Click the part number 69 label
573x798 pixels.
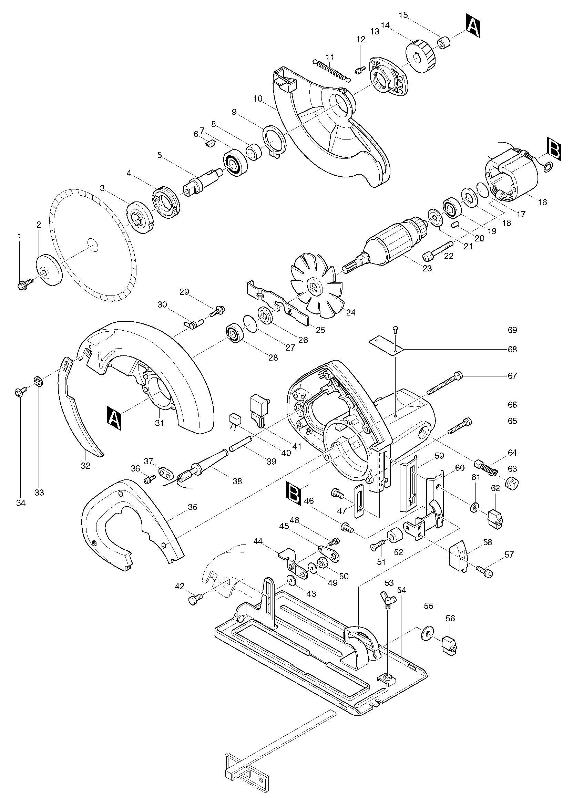point(512,330)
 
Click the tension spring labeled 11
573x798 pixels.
point(331,71)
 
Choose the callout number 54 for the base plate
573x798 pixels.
point(401,590)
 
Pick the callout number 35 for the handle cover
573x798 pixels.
point(192,507)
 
